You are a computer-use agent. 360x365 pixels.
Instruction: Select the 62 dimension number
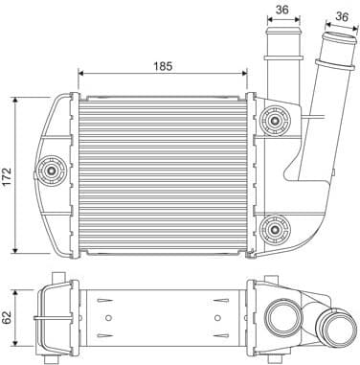[x=9, y=317]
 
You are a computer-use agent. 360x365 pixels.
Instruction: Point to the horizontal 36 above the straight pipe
[x=282, y=11]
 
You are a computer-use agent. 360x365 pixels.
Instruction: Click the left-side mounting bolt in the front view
[x=51, y=172]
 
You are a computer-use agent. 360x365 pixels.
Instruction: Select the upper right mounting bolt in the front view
[x=279, y=123]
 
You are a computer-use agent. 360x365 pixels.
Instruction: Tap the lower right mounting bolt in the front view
[x=279, y=227]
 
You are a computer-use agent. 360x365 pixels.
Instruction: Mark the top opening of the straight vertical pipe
[x=282, y=35]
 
